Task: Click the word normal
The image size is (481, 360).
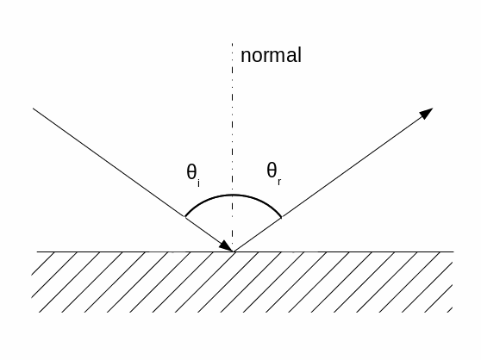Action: [271, 55]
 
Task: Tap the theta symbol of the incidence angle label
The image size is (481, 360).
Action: [191, 171]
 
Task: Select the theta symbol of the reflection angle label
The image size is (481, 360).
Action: [272, 170]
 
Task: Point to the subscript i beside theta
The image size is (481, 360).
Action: [199, 183]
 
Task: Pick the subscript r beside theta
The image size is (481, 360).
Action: [279, 182]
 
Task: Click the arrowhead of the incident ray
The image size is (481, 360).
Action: [226, 246]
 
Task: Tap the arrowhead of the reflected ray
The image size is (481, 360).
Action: [426, 113]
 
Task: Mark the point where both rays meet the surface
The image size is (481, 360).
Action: [234, 251]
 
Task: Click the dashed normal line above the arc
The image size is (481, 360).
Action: [232, 119]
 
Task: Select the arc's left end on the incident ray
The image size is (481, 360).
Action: [185, 216]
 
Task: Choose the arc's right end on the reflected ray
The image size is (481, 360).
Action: [281, 217]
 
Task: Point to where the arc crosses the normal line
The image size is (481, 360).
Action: [232, 195]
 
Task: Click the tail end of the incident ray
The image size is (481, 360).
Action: [33, 109]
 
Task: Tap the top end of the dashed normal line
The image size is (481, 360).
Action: [232, 44]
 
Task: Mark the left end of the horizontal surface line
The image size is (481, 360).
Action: [37, 251]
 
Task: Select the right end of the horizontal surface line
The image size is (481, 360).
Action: [453, 251]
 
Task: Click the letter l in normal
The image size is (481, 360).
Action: [299, 55]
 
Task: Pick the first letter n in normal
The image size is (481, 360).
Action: [246, 57]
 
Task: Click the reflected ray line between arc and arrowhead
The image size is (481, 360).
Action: [351, 168]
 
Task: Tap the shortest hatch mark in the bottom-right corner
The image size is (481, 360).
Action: [450, 310]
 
